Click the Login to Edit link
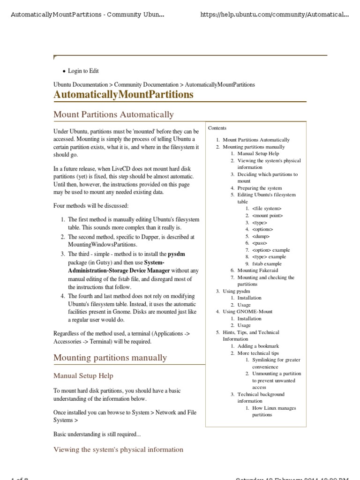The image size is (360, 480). click(x=83, y=71)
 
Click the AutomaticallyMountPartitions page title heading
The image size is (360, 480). click(x=123, y=95)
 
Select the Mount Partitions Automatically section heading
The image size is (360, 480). click(x=113, y=114)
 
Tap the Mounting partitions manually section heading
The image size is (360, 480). click(x=110, y=358)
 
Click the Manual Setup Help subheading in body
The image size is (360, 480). click(x=83, y=376)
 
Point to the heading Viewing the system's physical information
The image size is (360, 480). click(x=118, y=450)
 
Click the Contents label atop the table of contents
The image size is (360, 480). click(x=217, y=128)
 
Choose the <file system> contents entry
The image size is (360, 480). click(x=267, y=209)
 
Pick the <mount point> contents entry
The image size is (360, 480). click(x=267, y=216)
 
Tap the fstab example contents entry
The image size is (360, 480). click(x=267, y=264)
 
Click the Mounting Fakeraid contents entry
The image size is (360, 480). click(x=261, y=270)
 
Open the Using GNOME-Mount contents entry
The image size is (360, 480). click(x=247, y=312)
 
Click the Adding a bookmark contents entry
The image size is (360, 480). click(x=258, y=346)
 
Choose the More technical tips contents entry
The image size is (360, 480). click(x=258, y=353)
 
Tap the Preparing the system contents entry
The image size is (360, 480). click(x=260, y=188)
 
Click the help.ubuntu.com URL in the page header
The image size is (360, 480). click(x=274, y=15)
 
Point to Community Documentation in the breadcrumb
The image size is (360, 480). click(x=146, y=85)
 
